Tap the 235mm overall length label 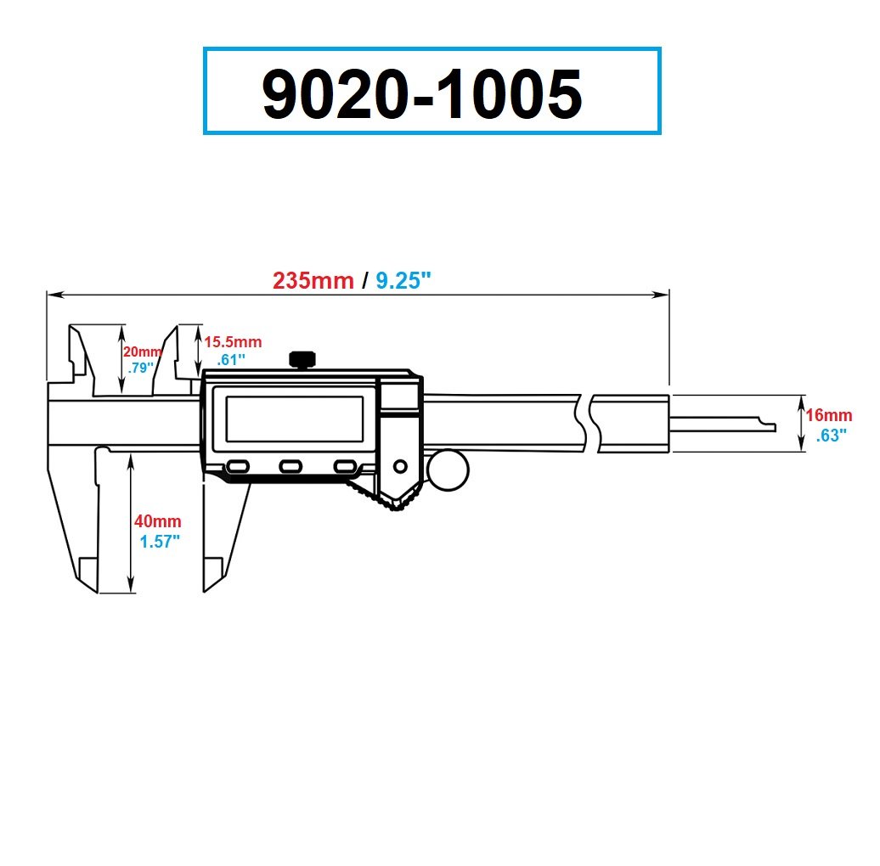tap(313, 280)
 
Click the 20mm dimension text tap(140, 352)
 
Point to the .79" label tap(140, 368)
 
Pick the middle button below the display tap(291, 466)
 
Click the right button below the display tap(345, 466)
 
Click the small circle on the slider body tap(400, 465)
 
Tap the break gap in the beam tap(589, 422)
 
